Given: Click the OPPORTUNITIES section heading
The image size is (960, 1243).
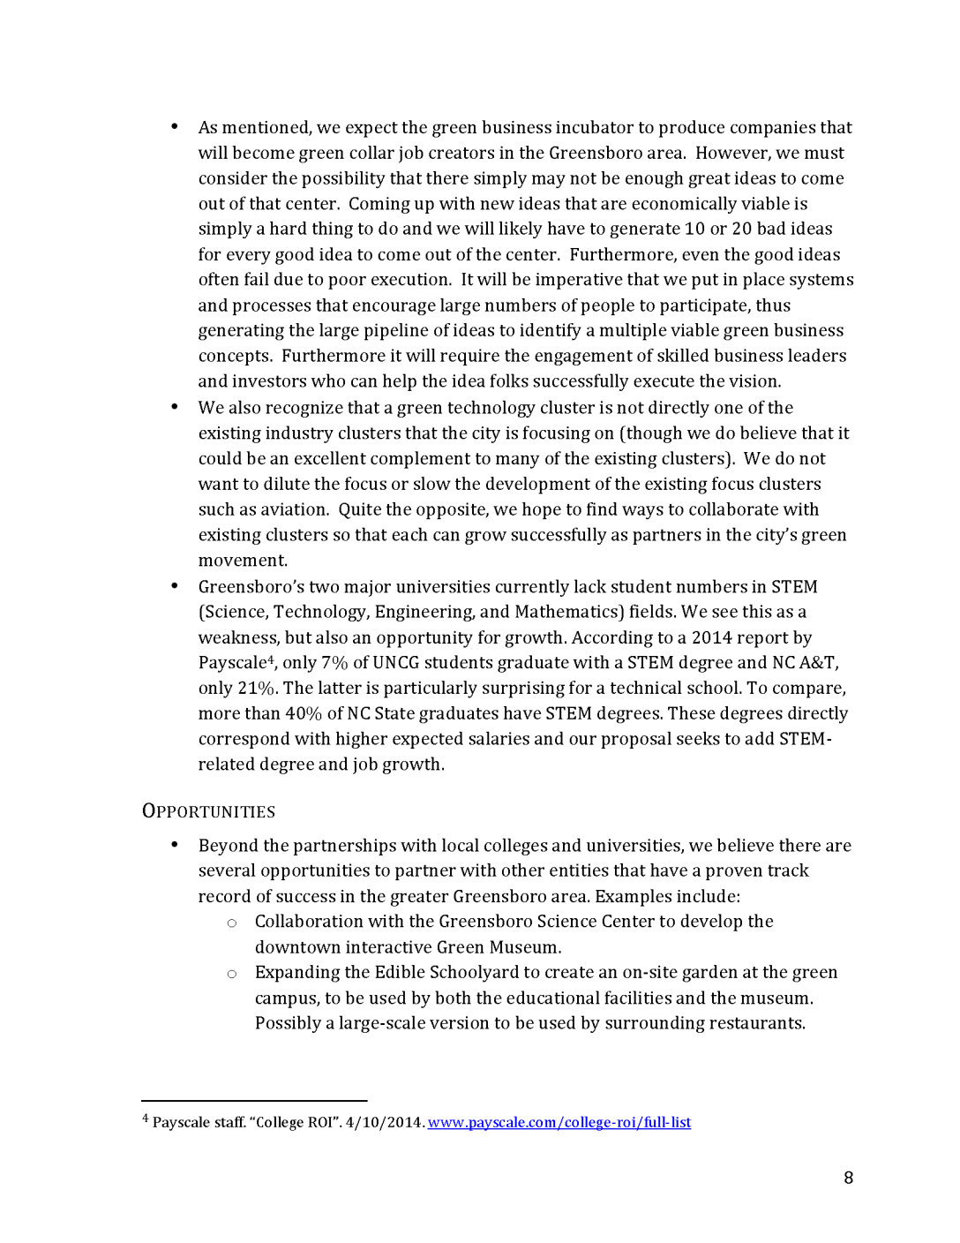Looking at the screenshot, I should pos(208,811).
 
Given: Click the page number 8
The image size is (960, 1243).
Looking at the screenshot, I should pos(848,1178).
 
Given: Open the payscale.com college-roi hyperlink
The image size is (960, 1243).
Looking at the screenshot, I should pos(559,1123).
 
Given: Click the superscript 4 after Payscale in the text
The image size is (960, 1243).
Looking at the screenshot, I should pos(270,659).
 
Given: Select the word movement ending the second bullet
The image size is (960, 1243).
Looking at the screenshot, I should pos(242,561).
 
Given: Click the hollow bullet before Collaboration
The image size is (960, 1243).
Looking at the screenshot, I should pos(232,923).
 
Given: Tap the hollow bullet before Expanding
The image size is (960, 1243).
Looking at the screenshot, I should pos(232,974).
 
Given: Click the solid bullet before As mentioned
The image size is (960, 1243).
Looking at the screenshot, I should pos(175,127).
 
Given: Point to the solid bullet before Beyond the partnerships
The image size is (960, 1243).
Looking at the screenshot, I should pos(175,845).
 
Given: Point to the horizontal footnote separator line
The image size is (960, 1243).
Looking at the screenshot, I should pos(254,1101).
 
